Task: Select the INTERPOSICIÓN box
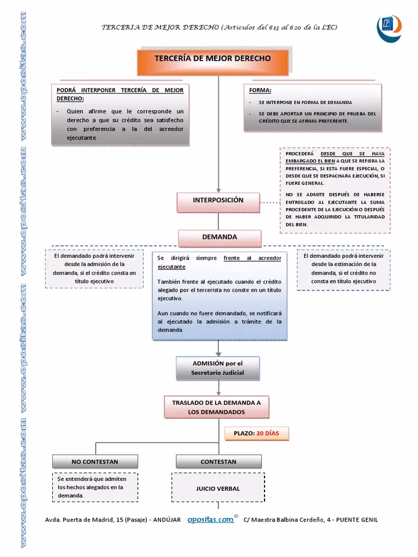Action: (x=218, y=201)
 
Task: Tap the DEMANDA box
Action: (x=219, y=237)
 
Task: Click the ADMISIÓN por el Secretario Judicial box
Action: (x=217, y=368)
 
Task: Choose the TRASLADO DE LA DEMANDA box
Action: (x=217, y=407)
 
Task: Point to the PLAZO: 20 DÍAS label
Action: (x=256, y=433)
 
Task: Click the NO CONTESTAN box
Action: (x=95, y=461)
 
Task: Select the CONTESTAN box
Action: (x=218, y=461)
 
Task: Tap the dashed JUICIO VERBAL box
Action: (x=218, y=488)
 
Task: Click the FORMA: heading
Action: (x=260, y=90)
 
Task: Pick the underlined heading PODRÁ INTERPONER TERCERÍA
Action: (x=120, y=94)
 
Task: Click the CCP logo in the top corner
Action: (x=389, y=26)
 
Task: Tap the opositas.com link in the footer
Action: (x=210, y=519)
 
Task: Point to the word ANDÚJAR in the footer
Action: (x=167, y=520)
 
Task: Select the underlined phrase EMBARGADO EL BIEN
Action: (x=309, y=161)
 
